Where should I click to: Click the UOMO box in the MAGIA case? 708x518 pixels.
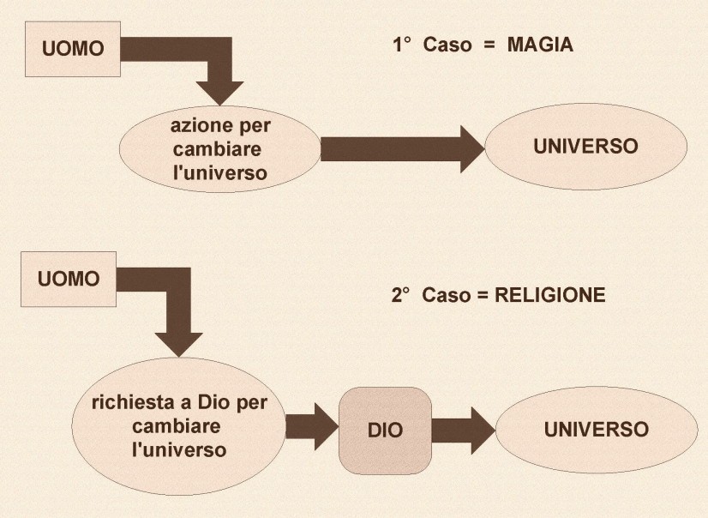73,48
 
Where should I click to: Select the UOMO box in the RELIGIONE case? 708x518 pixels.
69,279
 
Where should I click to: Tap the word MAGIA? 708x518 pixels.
540,45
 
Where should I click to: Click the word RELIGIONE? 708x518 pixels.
553,295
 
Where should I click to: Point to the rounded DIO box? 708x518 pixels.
385,430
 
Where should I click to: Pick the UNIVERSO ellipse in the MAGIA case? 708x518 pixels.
585,147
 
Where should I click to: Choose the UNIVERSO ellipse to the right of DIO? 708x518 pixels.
596,429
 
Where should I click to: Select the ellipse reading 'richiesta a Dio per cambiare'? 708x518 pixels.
177,425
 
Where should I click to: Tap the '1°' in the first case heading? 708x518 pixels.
403,45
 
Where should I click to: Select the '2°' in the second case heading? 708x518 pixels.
400,295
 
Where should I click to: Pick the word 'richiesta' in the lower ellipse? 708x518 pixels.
129,401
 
